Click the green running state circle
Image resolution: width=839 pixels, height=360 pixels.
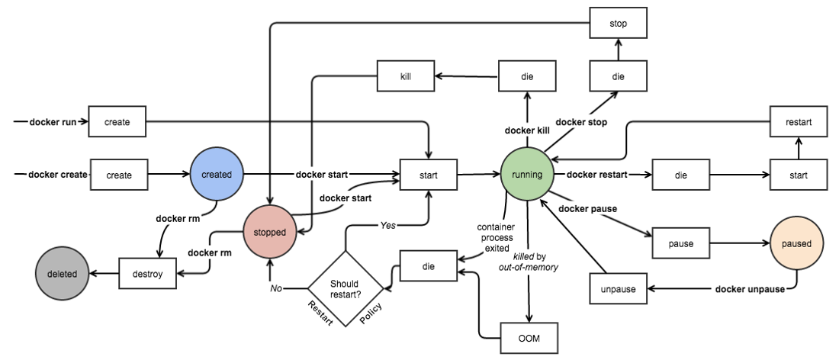coord(527,175)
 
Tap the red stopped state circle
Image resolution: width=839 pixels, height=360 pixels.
coord(269,233)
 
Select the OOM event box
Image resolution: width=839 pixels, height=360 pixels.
coord(528,337)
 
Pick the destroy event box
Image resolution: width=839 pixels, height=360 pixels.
coord(148,274)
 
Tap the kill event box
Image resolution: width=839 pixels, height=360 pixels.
coord(407,76)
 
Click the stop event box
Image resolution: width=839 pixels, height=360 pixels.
coord(619,24)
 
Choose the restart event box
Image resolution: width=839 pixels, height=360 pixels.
coord(798,121)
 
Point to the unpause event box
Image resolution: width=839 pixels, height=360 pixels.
coord(619,289)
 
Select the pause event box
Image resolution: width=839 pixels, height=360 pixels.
coord(681,244)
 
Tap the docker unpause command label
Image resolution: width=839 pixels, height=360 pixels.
coord(750,289)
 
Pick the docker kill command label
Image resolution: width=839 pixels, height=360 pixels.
coord(527,130)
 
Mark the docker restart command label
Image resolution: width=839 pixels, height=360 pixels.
coord(597,175)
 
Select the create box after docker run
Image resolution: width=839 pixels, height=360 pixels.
coord(117,122)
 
